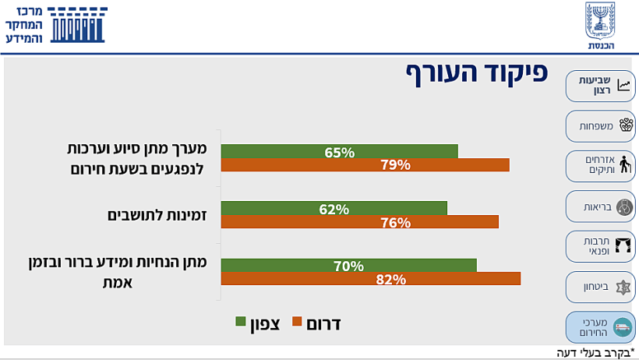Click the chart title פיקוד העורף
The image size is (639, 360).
pos(476,72)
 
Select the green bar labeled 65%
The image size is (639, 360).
pos(339,151)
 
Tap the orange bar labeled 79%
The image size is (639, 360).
pos(365,164)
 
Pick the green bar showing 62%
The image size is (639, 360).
pos(334,208)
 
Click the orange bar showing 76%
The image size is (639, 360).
pos(359,222)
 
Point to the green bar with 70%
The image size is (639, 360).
pos(348,265)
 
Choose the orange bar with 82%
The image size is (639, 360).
pos(370,279)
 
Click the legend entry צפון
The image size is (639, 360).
pos(257,323)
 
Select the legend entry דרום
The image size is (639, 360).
pos(316,323)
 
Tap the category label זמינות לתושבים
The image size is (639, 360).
pos(156,214)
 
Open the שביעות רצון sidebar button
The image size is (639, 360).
pos(600,86)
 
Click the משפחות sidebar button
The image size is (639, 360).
pos(600,125)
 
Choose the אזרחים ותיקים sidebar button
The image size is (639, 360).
pos(600,165)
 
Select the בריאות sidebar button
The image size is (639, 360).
pos(600,206)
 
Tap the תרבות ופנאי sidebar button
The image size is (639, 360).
pos(600,246)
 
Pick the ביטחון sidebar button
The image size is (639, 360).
pos(600,287)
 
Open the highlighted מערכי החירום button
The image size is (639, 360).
pos(600,327)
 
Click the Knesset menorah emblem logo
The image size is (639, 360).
pos(600,26)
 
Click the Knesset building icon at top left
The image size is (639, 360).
pos(77,26)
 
